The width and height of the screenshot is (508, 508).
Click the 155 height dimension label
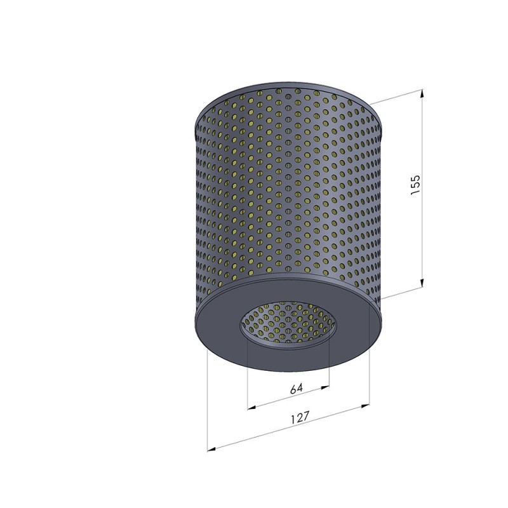coord(415,185)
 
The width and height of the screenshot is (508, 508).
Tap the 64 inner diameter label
coord(297,388)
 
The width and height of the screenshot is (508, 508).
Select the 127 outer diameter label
coord(300,417)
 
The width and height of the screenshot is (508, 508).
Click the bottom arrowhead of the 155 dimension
coord(422,283)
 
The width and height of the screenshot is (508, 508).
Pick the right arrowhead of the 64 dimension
coord(324,387)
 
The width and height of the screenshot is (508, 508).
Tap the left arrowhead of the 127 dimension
coord(211,449)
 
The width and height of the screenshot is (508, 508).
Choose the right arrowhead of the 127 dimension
coord(365,406)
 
